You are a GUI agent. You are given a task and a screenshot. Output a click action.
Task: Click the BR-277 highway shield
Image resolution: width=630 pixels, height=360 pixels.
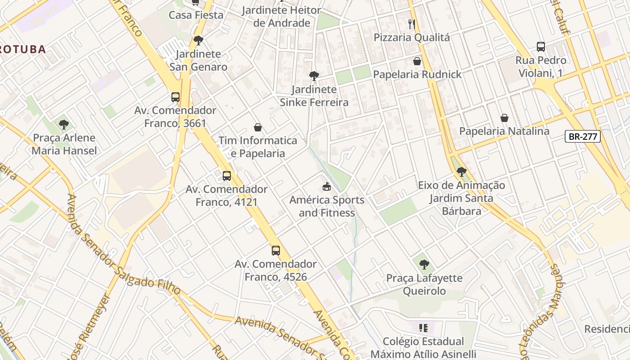(583, 136)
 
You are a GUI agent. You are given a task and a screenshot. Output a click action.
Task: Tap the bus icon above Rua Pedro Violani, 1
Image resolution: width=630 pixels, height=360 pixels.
(541, 47)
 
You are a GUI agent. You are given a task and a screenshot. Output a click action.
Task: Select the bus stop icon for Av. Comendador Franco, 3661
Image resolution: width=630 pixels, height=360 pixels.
(175, 97)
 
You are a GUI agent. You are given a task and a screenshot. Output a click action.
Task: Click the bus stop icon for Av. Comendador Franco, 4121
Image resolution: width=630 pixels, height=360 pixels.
(227, 176)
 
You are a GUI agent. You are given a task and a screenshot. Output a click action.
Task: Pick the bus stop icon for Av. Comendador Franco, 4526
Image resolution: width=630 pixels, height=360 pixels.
(276, 251)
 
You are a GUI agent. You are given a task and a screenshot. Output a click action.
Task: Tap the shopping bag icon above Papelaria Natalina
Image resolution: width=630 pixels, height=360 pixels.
(504, 118)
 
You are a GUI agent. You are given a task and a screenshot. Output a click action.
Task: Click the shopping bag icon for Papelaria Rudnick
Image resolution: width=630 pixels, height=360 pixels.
(417, 61)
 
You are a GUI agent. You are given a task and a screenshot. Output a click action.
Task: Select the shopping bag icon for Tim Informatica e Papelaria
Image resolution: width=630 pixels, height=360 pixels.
(258, 127)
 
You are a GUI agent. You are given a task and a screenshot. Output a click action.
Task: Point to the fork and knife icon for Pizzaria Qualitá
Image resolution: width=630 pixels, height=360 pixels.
(412, 24)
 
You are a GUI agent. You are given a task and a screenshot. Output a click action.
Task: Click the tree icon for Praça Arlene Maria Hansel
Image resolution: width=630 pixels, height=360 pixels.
(64, 124)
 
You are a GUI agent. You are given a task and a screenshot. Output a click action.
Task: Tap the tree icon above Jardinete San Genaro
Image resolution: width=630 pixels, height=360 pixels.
(198, 40)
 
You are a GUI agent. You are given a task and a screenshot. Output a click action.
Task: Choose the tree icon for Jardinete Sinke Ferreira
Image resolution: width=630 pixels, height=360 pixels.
(314, 76)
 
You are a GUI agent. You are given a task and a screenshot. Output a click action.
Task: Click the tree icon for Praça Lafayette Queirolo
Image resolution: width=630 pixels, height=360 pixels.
(424, 265)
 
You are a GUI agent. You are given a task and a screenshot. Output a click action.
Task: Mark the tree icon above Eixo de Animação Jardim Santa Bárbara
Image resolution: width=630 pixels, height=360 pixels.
(461, 172)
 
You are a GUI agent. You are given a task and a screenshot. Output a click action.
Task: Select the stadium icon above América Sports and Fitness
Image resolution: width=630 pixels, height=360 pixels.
(327, 186)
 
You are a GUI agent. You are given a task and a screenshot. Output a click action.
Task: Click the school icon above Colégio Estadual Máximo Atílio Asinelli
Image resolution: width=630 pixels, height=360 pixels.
(423, 328)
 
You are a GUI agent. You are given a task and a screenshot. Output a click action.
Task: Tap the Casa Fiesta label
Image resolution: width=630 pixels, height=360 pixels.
(196, 15)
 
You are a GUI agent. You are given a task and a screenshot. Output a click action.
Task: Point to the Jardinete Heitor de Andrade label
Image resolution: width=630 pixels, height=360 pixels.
(282, 17)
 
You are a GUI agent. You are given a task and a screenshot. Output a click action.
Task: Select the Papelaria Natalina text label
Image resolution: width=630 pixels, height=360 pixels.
(504, 131)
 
